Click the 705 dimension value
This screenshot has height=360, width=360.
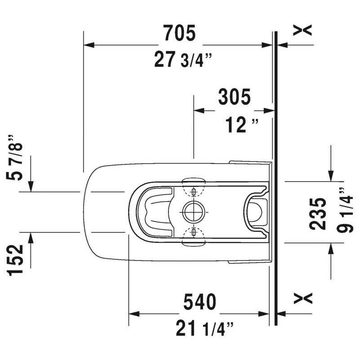(x=179, y=33)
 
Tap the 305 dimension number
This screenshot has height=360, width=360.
(x=234, y=98)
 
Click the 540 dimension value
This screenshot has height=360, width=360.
(x=200, y=302)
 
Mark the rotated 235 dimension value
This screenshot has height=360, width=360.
(x=319, y=213)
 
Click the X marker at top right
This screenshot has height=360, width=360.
(x=302, y=30)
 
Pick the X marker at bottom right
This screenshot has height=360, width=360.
(x=302, y=298)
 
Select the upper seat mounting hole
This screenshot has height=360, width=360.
(x=194, y=192)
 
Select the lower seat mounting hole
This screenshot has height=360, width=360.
(x=194, y=232)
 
